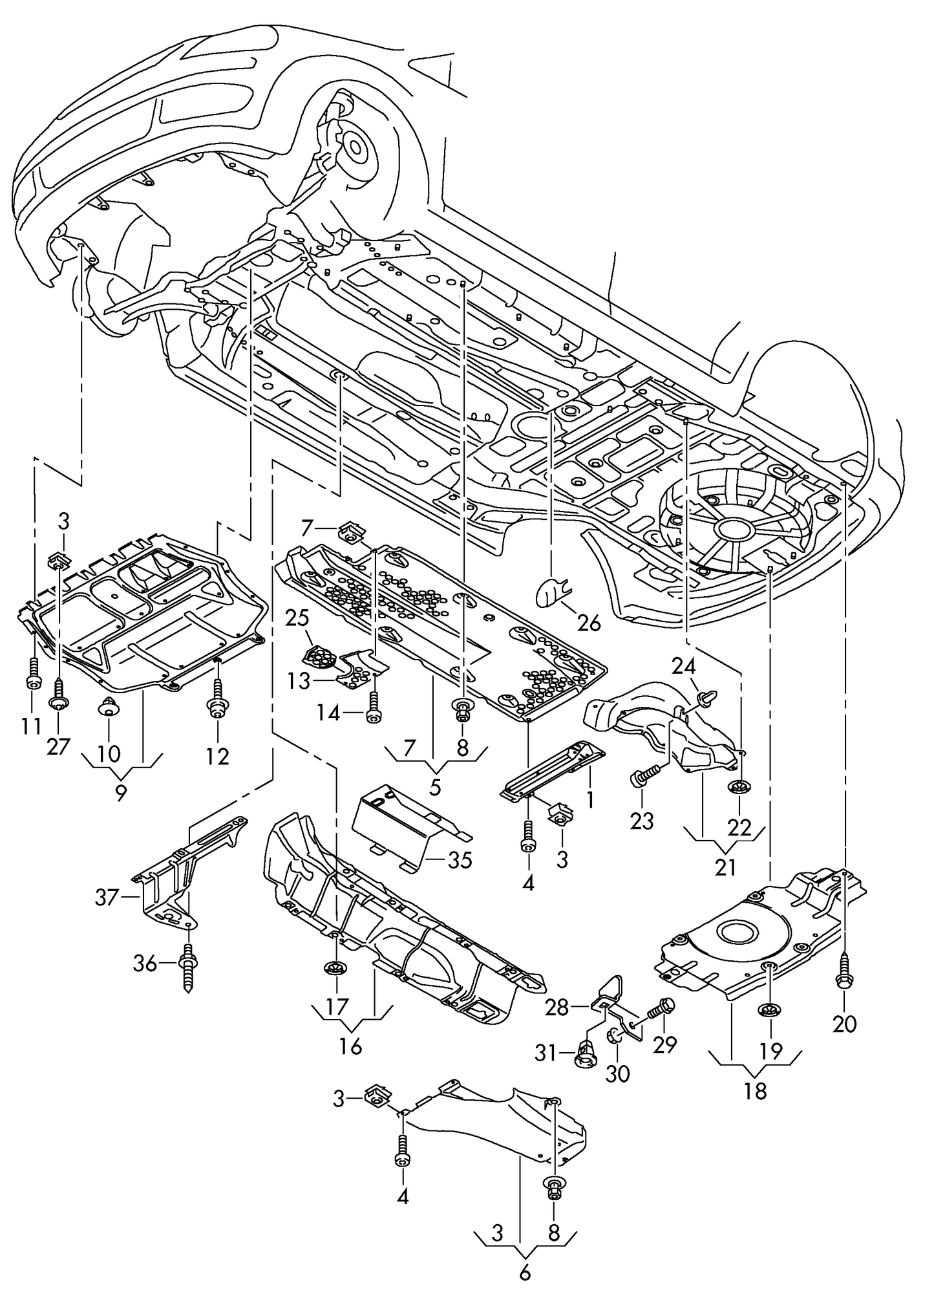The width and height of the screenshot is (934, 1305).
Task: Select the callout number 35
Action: click(460, 860)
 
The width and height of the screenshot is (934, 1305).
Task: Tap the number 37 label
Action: click(108, 897)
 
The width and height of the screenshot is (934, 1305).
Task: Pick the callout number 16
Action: click(350, 1046)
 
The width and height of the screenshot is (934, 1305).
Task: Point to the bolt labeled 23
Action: click(644, 774)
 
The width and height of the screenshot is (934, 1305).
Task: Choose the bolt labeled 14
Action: click(372, 708)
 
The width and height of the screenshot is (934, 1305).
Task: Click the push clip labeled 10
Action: click(108, 706)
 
